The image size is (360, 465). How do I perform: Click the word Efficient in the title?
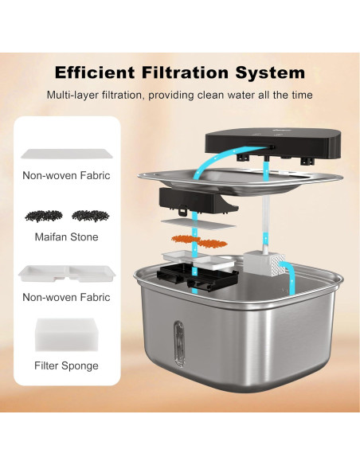click(x=95, y=72)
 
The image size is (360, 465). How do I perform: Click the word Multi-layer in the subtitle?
click(x=78, y=95)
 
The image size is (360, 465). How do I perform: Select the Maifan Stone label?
click(x=66, y=236)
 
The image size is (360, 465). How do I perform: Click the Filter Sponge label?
click(x=66, y=365)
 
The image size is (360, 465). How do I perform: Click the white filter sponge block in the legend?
click(x=67, y=334)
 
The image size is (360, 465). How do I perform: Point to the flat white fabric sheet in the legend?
click(x=67, y=152)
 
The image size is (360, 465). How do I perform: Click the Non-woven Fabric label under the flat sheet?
click(x=67, y=176)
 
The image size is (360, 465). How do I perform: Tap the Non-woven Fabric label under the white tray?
click(x=67, y=297)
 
